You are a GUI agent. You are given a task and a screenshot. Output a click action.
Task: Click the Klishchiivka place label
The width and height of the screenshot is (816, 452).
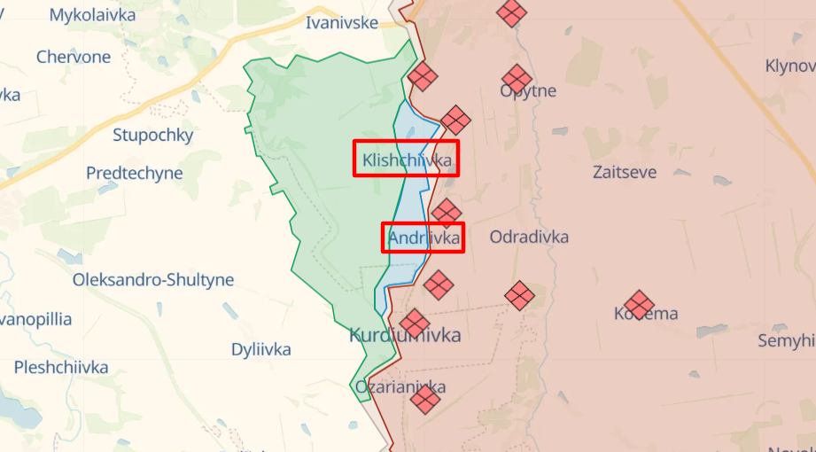(x=406, y=160)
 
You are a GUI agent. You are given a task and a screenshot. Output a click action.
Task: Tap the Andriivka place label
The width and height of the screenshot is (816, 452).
(x=424, y=238)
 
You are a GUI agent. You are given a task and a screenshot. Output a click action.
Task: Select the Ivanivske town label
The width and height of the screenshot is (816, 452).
(x=342, y=23)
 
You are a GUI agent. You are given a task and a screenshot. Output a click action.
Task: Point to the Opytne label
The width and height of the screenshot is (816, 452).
(x=528, y=90)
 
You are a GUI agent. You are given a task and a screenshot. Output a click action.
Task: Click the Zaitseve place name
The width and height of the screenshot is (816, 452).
(x=625, y=172)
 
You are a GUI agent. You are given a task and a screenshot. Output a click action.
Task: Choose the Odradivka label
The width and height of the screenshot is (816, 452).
(x=529, y=237)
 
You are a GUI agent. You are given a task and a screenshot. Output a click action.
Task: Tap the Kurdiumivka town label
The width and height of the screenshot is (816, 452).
(x=405, y=335)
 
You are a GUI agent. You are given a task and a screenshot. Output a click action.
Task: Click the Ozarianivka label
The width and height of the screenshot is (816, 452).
(x=400, y=387)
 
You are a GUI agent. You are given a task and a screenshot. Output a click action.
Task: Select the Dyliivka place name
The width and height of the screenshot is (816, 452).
(x=261, y=349)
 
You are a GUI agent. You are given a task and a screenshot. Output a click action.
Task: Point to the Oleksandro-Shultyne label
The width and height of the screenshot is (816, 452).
(x=153, y=280)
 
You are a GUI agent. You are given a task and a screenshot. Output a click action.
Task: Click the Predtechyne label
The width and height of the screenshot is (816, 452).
(x=135, y=173)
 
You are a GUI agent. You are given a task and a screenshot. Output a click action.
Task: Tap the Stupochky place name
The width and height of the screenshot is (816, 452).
(x=152, y=136)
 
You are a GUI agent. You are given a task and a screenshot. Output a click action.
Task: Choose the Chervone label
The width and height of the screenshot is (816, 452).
(x=74, y=57)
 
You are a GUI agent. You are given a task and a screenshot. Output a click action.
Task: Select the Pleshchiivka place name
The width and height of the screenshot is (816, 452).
(x=61, y=367)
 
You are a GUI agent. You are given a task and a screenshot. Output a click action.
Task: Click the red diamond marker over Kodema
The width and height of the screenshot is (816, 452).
(x=639, y=305)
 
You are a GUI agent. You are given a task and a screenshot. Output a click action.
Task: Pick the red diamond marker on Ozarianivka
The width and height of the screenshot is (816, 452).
(x=425, y=399)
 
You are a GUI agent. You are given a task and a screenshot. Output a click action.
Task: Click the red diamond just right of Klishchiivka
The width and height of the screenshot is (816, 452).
(x=455, y=121)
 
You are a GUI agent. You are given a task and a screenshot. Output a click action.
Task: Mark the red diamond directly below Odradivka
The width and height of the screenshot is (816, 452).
(x=519, y=295)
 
